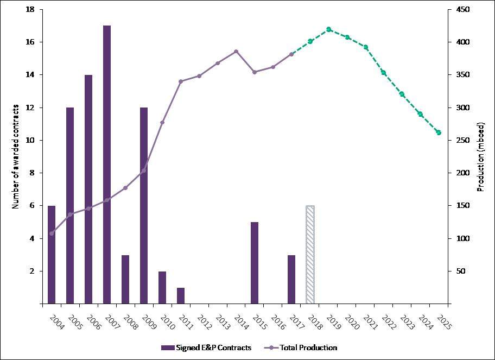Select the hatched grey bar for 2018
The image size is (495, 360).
[x=310, y=254]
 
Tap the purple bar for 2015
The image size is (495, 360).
[x=255, y=262]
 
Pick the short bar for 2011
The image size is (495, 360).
[x=181, y=295]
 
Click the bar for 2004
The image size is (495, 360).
[x=52, y=254]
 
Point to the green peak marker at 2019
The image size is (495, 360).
[x=329, y=29]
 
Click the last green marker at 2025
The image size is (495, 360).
[x=439, y=132]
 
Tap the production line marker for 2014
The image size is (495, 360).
[x=236, y=52]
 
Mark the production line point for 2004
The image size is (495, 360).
[x=52, y=233]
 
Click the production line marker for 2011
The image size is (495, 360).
[x=181, y=81]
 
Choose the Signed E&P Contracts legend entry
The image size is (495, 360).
[x=206, y=348]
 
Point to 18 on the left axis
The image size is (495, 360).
[x=30, y=10]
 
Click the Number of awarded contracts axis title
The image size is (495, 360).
[x=16, y=156]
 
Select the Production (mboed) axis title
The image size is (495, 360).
[x=480, y=156]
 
